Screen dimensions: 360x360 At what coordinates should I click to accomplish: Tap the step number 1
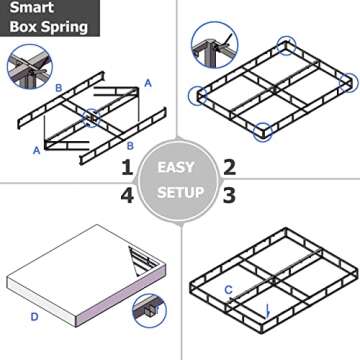coord(127,166)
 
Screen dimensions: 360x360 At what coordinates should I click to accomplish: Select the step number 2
coord(229,166)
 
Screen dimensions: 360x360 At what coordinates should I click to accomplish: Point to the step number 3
coord(229,195)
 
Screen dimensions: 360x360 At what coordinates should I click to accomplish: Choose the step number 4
coord(127,195)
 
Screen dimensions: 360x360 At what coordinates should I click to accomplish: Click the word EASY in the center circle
coord(179,166)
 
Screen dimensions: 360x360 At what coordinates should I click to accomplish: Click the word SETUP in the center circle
coord(179,192)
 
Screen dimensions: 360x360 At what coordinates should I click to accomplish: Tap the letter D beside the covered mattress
coord(34,317)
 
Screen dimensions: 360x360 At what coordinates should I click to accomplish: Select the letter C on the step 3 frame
coord(229,290)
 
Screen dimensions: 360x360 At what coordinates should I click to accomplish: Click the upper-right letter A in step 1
coord(148,84)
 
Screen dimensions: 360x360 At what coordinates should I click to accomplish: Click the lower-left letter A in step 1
coord(38,150)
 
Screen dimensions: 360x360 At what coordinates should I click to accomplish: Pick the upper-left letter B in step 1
coord(59,89)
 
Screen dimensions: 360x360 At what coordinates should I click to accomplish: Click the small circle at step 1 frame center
coord(92,117)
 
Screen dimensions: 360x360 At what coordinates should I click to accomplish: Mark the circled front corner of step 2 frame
coord(264,131)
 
